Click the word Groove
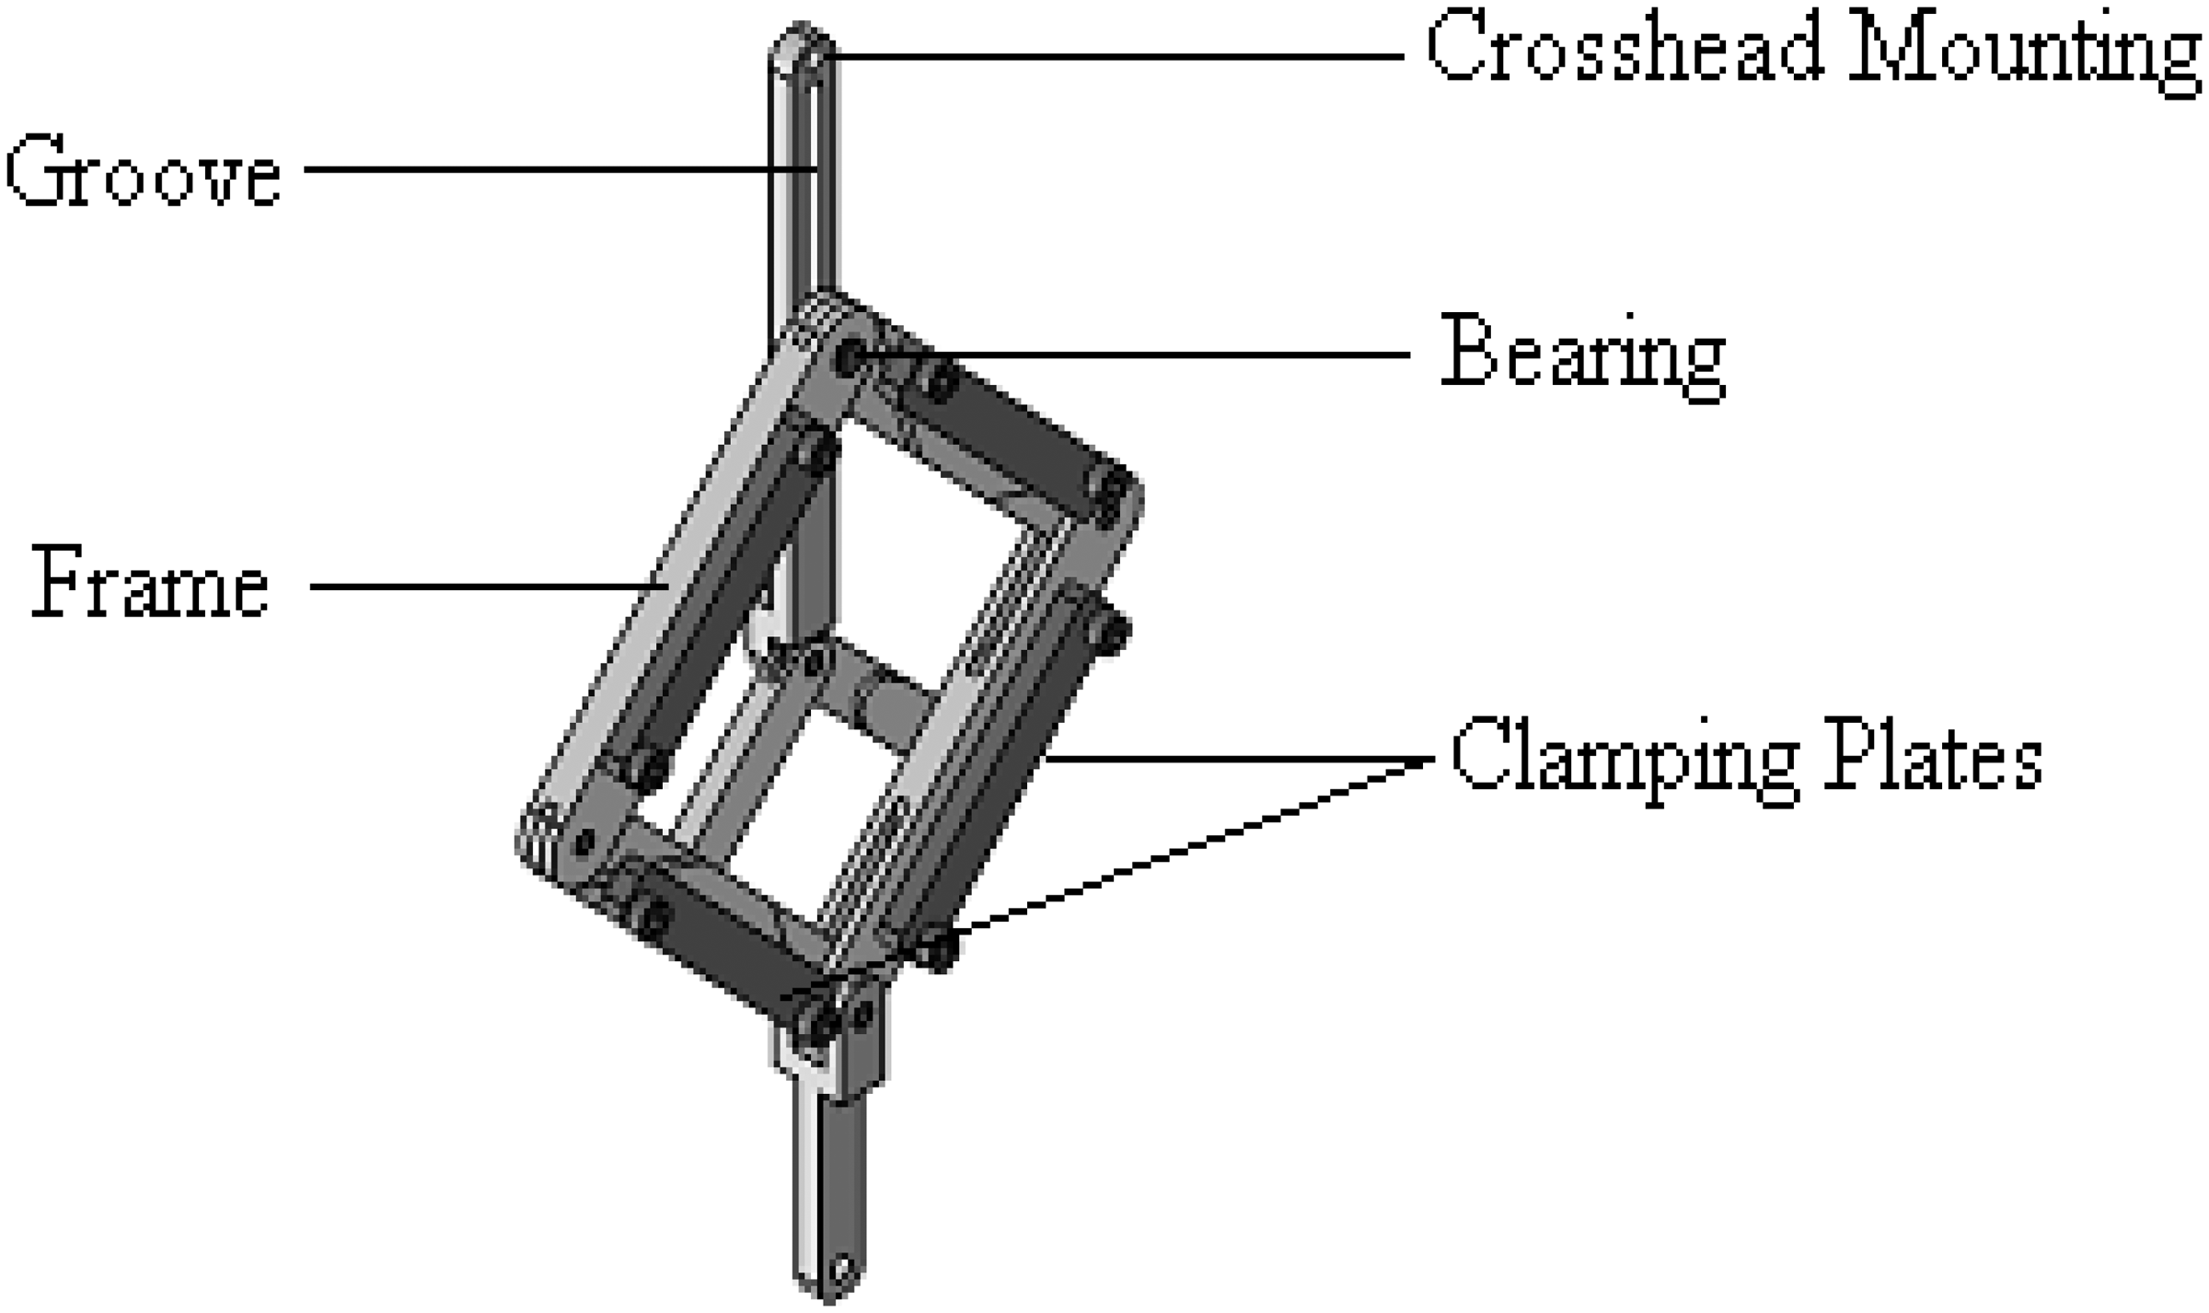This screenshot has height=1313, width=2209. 143,171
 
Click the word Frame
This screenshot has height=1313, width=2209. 150,584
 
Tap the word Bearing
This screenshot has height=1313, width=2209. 1581,355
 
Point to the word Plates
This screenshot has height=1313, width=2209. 1933,757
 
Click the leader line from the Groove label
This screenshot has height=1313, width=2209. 552,169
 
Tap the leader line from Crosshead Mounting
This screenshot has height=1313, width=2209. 1104,57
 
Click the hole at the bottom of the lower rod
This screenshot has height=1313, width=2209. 840,1271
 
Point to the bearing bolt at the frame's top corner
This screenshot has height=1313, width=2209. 850,354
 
